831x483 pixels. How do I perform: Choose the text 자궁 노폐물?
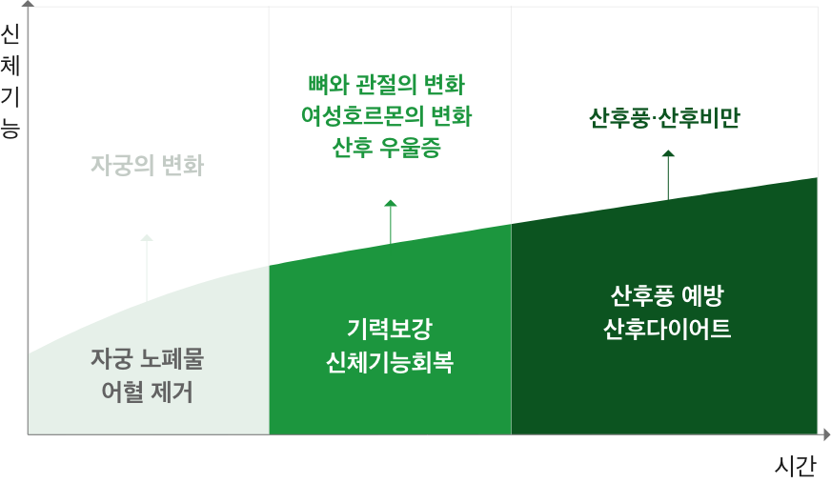click(x=148, y=359)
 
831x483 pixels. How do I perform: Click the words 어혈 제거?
click(x=148, y=392)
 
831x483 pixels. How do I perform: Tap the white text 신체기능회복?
click(x=389, y=363)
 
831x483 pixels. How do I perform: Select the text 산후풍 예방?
click(x=666, y=296)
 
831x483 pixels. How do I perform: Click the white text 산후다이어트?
click(x=666, y=329)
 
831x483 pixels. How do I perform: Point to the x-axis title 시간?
click(x=796, y=466)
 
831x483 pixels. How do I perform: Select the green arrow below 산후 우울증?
click(x=390, y=222)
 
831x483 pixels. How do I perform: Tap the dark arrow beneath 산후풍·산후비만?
click(x=668, y=174)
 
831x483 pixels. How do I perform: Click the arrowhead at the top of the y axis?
click(x=28, y=4)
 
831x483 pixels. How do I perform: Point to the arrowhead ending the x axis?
click(x=825, y=434)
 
